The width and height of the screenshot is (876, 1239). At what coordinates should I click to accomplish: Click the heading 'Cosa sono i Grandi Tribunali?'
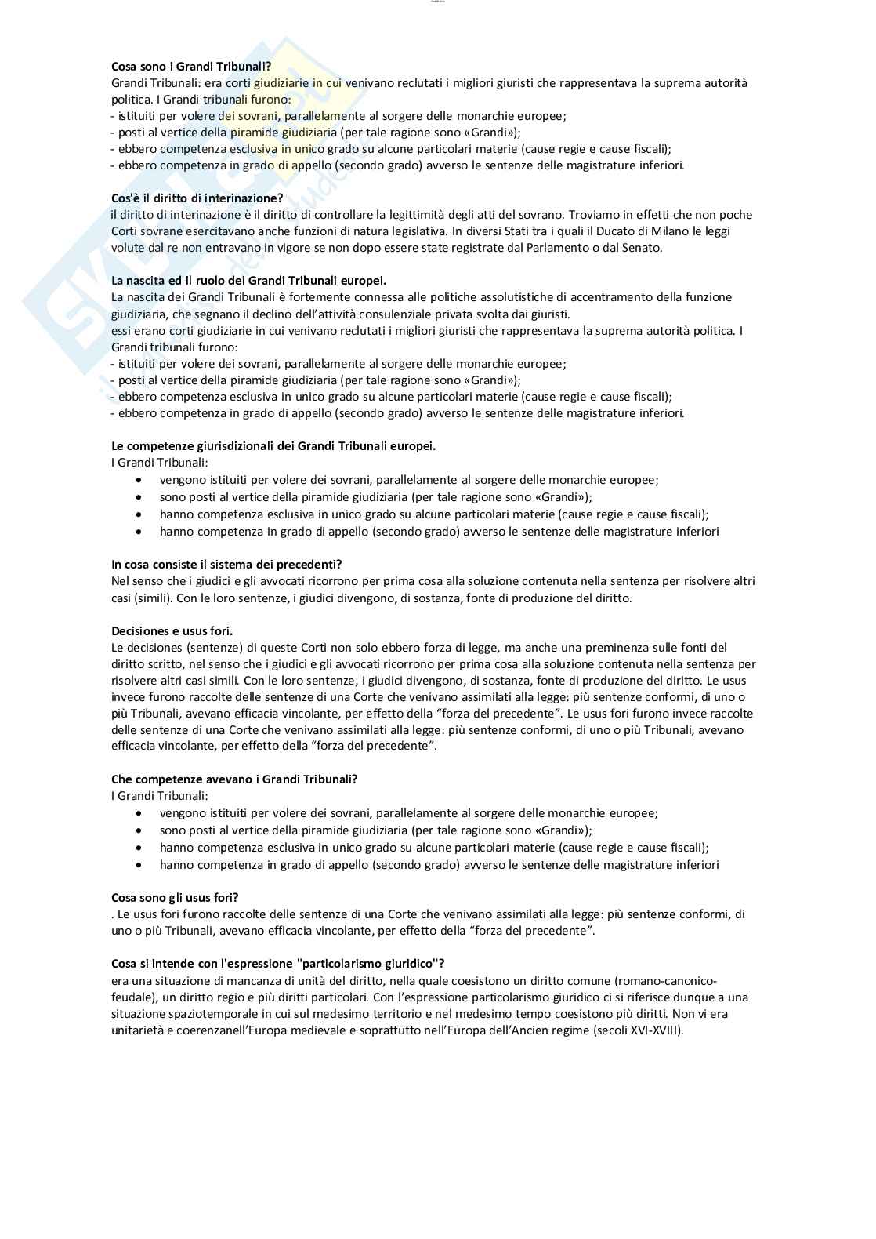pos(191,67)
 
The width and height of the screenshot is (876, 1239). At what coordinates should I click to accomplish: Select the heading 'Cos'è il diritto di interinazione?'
pos(197,198)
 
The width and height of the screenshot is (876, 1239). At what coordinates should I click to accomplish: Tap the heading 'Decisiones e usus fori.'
pos(172,631)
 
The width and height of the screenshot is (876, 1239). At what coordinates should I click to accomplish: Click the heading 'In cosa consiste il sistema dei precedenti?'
pos(226,565)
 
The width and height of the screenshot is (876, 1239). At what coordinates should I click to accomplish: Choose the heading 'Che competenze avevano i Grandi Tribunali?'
pos(234,779)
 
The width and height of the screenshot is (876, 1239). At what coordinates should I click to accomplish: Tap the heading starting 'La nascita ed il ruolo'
pos(248,281)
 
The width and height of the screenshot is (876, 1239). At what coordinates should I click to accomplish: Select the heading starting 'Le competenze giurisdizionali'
pos(273,446)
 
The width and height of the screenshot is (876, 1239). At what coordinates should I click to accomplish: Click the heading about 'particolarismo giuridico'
pos(278,964)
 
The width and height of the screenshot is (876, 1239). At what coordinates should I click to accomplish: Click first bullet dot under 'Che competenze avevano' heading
pos(139,814)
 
